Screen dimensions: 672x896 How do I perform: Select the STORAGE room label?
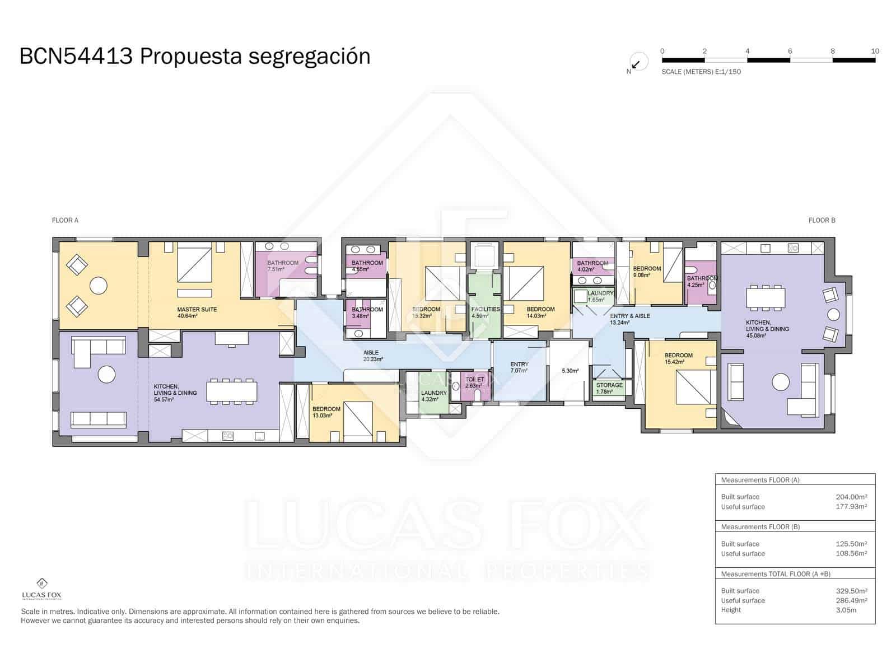609,385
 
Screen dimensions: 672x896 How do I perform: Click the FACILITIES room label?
486,309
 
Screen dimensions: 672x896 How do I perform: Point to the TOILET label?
474,380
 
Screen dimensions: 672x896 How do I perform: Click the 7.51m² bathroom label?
276,269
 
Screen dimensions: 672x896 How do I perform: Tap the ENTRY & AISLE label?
630,316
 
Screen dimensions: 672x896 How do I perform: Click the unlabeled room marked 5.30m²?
570,371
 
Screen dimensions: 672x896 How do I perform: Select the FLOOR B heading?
822,221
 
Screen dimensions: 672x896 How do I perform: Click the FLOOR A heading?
65,221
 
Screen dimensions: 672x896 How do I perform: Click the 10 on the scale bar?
875,51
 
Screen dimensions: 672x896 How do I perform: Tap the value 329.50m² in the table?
851,591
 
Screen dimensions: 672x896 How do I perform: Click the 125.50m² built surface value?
851,544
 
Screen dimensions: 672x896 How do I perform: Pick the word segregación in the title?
309,57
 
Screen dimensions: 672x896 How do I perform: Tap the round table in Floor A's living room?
106,374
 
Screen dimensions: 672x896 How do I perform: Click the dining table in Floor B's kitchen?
765,298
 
